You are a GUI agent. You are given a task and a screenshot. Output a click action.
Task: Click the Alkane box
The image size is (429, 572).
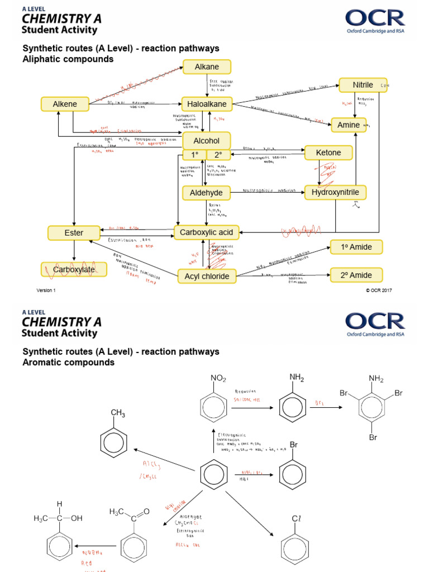click(207, 67)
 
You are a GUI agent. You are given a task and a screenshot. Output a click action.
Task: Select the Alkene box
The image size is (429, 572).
click(65, 104)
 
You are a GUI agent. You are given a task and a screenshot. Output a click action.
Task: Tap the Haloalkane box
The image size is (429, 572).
click(207, 104)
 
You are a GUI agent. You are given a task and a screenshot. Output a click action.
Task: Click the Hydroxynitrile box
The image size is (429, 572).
click(335, 193)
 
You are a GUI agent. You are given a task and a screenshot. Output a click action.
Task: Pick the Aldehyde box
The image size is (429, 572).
click(206, 193)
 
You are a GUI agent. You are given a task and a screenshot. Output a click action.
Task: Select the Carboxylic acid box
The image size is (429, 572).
click(207, 232)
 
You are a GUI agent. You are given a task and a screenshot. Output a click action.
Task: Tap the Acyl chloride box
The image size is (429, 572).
click(207, 276)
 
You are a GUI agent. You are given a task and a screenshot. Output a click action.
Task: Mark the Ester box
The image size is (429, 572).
click(74, 232)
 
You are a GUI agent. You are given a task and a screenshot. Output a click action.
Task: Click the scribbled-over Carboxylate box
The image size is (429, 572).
click(74, 270)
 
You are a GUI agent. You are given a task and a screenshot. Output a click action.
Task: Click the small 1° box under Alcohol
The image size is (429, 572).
click(194, 155)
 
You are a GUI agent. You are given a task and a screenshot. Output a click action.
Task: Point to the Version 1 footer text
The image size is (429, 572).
click(46, 290)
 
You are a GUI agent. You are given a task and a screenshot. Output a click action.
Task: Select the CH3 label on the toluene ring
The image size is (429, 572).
click(118, 413)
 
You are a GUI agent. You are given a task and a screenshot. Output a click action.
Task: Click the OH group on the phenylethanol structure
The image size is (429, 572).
click(76, 518)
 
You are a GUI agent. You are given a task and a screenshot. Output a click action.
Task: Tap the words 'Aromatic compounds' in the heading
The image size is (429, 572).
click(68, 363)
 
